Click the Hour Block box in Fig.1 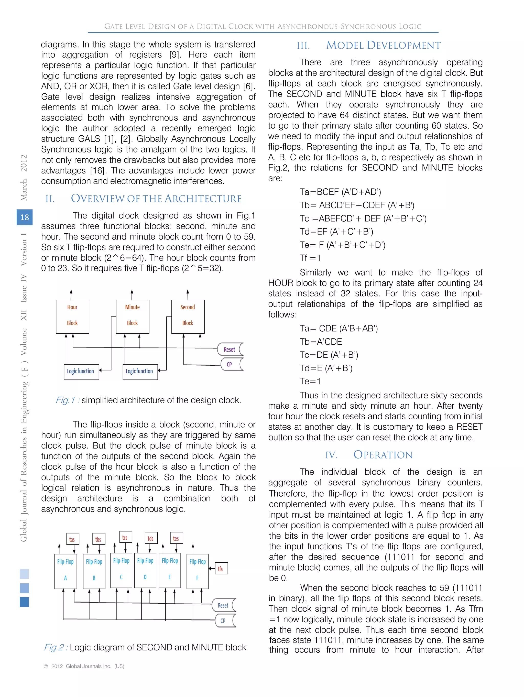[72, 316]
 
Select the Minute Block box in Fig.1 [132, 316]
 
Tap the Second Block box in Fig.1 [188, 316]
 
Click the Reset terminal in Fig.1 [230, 350]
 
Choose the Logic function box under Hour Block [81, 372]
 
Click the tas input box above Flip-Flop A [72, 539]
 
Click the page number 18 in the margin [25, 217]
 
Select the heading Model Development [383, 45]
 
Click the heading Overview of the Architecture [156, 199]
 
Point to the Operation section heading [383, 455]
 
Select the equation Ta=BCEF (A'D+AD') [340, 192]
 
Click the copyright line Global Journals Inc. [84, 666]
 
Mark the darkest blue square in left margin [24, 602]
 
